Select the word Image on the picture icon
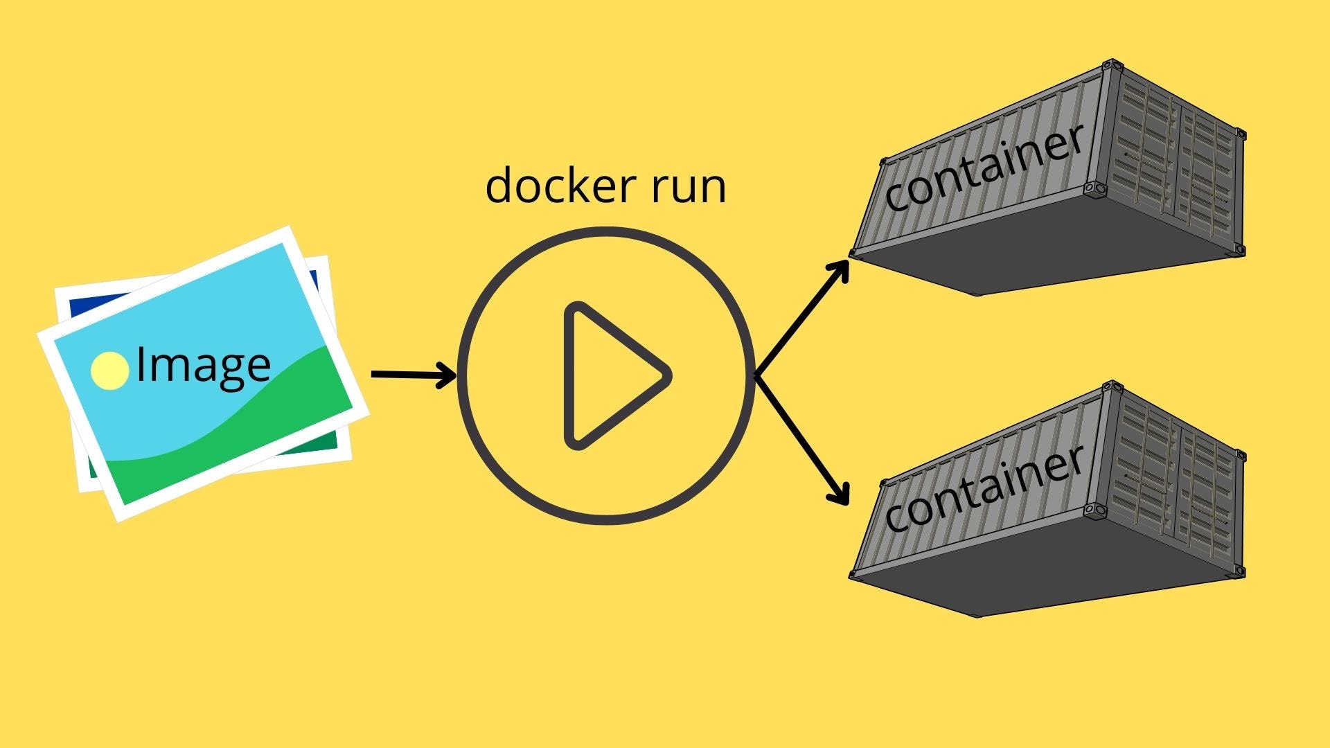[203, 366]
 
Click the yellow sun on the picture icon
[110, 371]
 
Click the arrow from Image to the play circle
[413, 375]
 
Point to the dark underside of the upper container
[1025, 249]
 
